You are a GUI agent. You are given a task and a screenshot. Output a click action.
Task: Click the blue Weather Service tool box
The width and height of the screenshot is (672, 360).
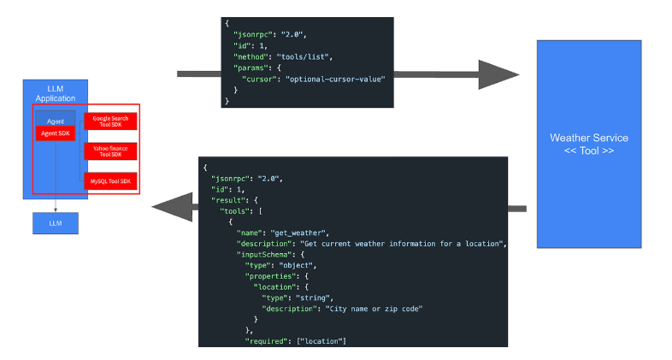coord(589,143)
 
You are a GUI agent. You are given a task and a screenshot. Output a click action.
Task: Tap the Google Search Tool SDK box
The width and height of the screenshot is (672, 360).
coord(111,121)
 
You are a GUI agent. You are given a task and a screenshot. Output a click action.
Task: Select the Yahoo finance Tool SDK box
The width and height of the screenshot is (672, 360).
coord(111,150)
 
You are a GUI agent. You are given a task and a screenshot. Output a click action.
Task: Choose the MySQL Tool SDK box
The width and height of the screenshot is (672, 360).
coord(111,180)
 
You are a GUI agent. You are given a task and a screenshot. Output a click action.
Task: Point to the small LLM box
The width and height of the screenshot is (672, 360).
coord(56,222)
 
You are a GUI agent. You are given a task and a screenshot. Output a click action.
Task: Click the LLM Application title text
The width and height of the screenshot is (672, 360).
coord(56,93)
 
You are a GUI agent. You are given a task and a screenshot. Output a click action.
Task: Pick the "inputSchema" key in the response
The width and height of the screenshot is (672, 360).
coord(263,254)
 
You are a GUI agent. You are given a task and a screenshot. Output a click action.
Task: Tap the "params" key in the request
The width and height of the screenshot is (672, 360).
coord(250,67)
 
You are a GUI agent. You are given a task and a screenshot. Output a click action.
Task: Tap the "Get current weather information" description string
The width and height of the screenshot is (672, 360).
coord(402,243)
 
